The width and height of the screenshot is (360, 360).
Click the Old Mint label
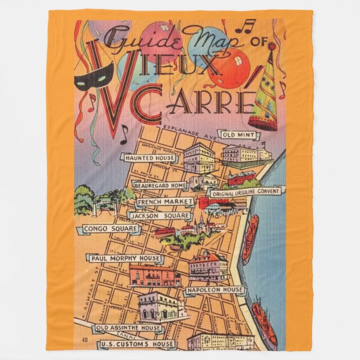tap(239, 135)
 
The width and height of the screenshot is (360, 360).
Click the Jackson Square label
tap(159, 215)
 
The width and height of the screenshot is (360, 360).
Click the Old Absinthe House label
tap(128, 328)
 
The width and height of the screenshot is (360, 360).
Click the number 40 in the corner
tap(84, 339)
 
